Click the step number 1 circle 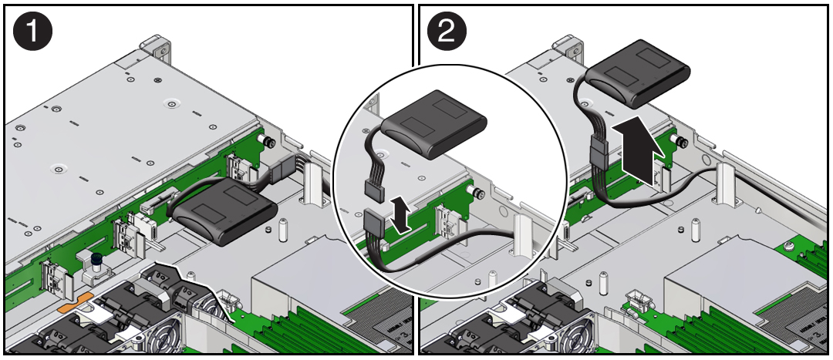tap(32, 32)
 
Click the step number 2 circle tap(447, 32)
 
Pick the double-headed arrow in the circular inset tap(400, 214)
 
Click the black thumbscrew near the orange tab tap(96, 262)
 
